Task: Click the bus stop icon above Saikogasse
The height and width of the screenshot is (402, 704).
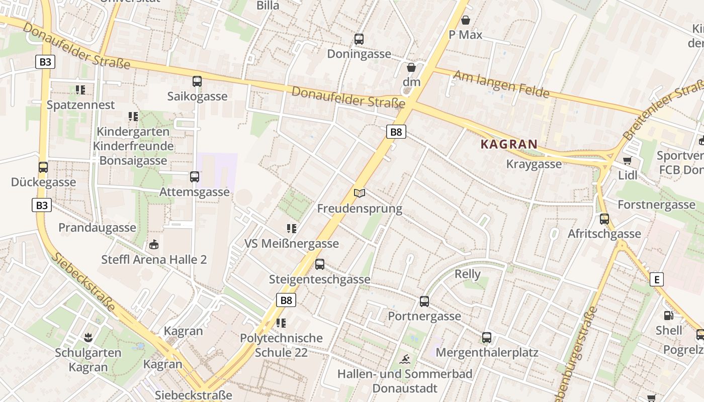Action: (x=197, y=81)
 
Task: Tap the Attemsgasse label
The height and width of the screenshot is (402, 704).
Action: (x=194, y=192)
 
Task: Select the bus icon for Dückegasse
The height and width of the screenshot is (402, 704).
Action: (x=43, y=167)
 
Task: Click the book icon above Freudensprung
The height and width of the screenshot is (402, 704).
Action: (x=359, y=193)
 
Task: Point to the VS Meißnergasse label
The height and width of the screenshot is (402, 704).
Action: (x=291, y=244)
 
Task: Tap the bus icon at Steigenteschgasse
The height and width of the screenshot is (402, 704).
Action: (x=320, y=264)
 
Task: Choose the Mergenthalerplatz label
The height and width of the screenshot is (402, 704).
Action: (x=486, y=352)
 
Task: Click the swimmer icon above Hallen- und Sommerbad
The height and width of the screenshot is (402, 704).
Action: (x=405, y=359)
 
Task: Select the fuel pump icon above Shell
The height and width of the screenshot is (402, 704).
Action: (x=668, y=316)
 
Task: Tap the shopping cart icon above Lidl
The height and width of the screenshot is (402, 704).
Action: (x=627, y=161)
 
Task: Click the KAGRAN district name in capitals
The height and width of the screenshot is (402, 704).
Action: (x=509, y=144)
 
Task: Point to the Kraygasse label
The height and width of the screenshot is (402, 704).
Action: (x=534, y=164)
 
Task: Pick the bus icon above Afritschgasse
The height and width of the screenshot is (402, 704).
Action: (x=604, y=219)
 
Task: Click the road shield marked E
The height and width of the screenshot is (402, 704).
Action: (x=656, y=279)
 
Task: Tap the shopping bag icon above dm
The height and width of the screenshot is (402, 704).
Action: (x=411, y=67)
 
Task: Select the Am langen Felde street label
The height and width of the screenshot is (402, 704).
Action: (x=501, y=84)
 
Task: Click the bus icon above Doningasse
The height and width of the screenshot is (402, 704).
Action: (x=359, y=39)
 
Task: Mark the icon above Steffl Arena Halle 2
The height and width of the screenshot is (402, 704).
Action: (x=153, y=245)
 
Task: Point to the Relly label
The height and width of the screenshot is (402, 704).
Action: (x=467, y=274)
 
